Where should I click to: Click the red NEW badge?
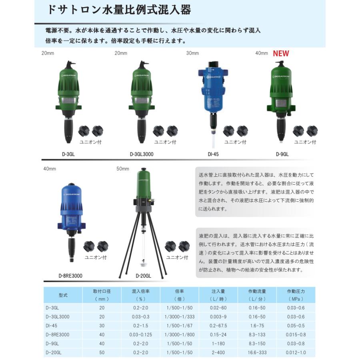click(281, 54)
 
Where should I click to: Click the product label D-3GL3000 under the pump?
click(142, 154)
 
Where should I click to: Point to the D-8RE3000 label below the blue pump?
click(70, 276)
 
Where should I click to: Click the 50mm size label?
click(123, 169)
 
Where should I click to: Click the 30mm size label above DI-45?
click(192, 53)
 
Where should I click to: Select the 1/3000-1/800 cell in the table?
click(180, 334)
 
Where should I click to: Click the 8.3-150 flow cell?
click(257, 344)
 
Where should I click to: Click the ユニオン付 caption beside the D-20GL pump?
click(177, 258)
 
